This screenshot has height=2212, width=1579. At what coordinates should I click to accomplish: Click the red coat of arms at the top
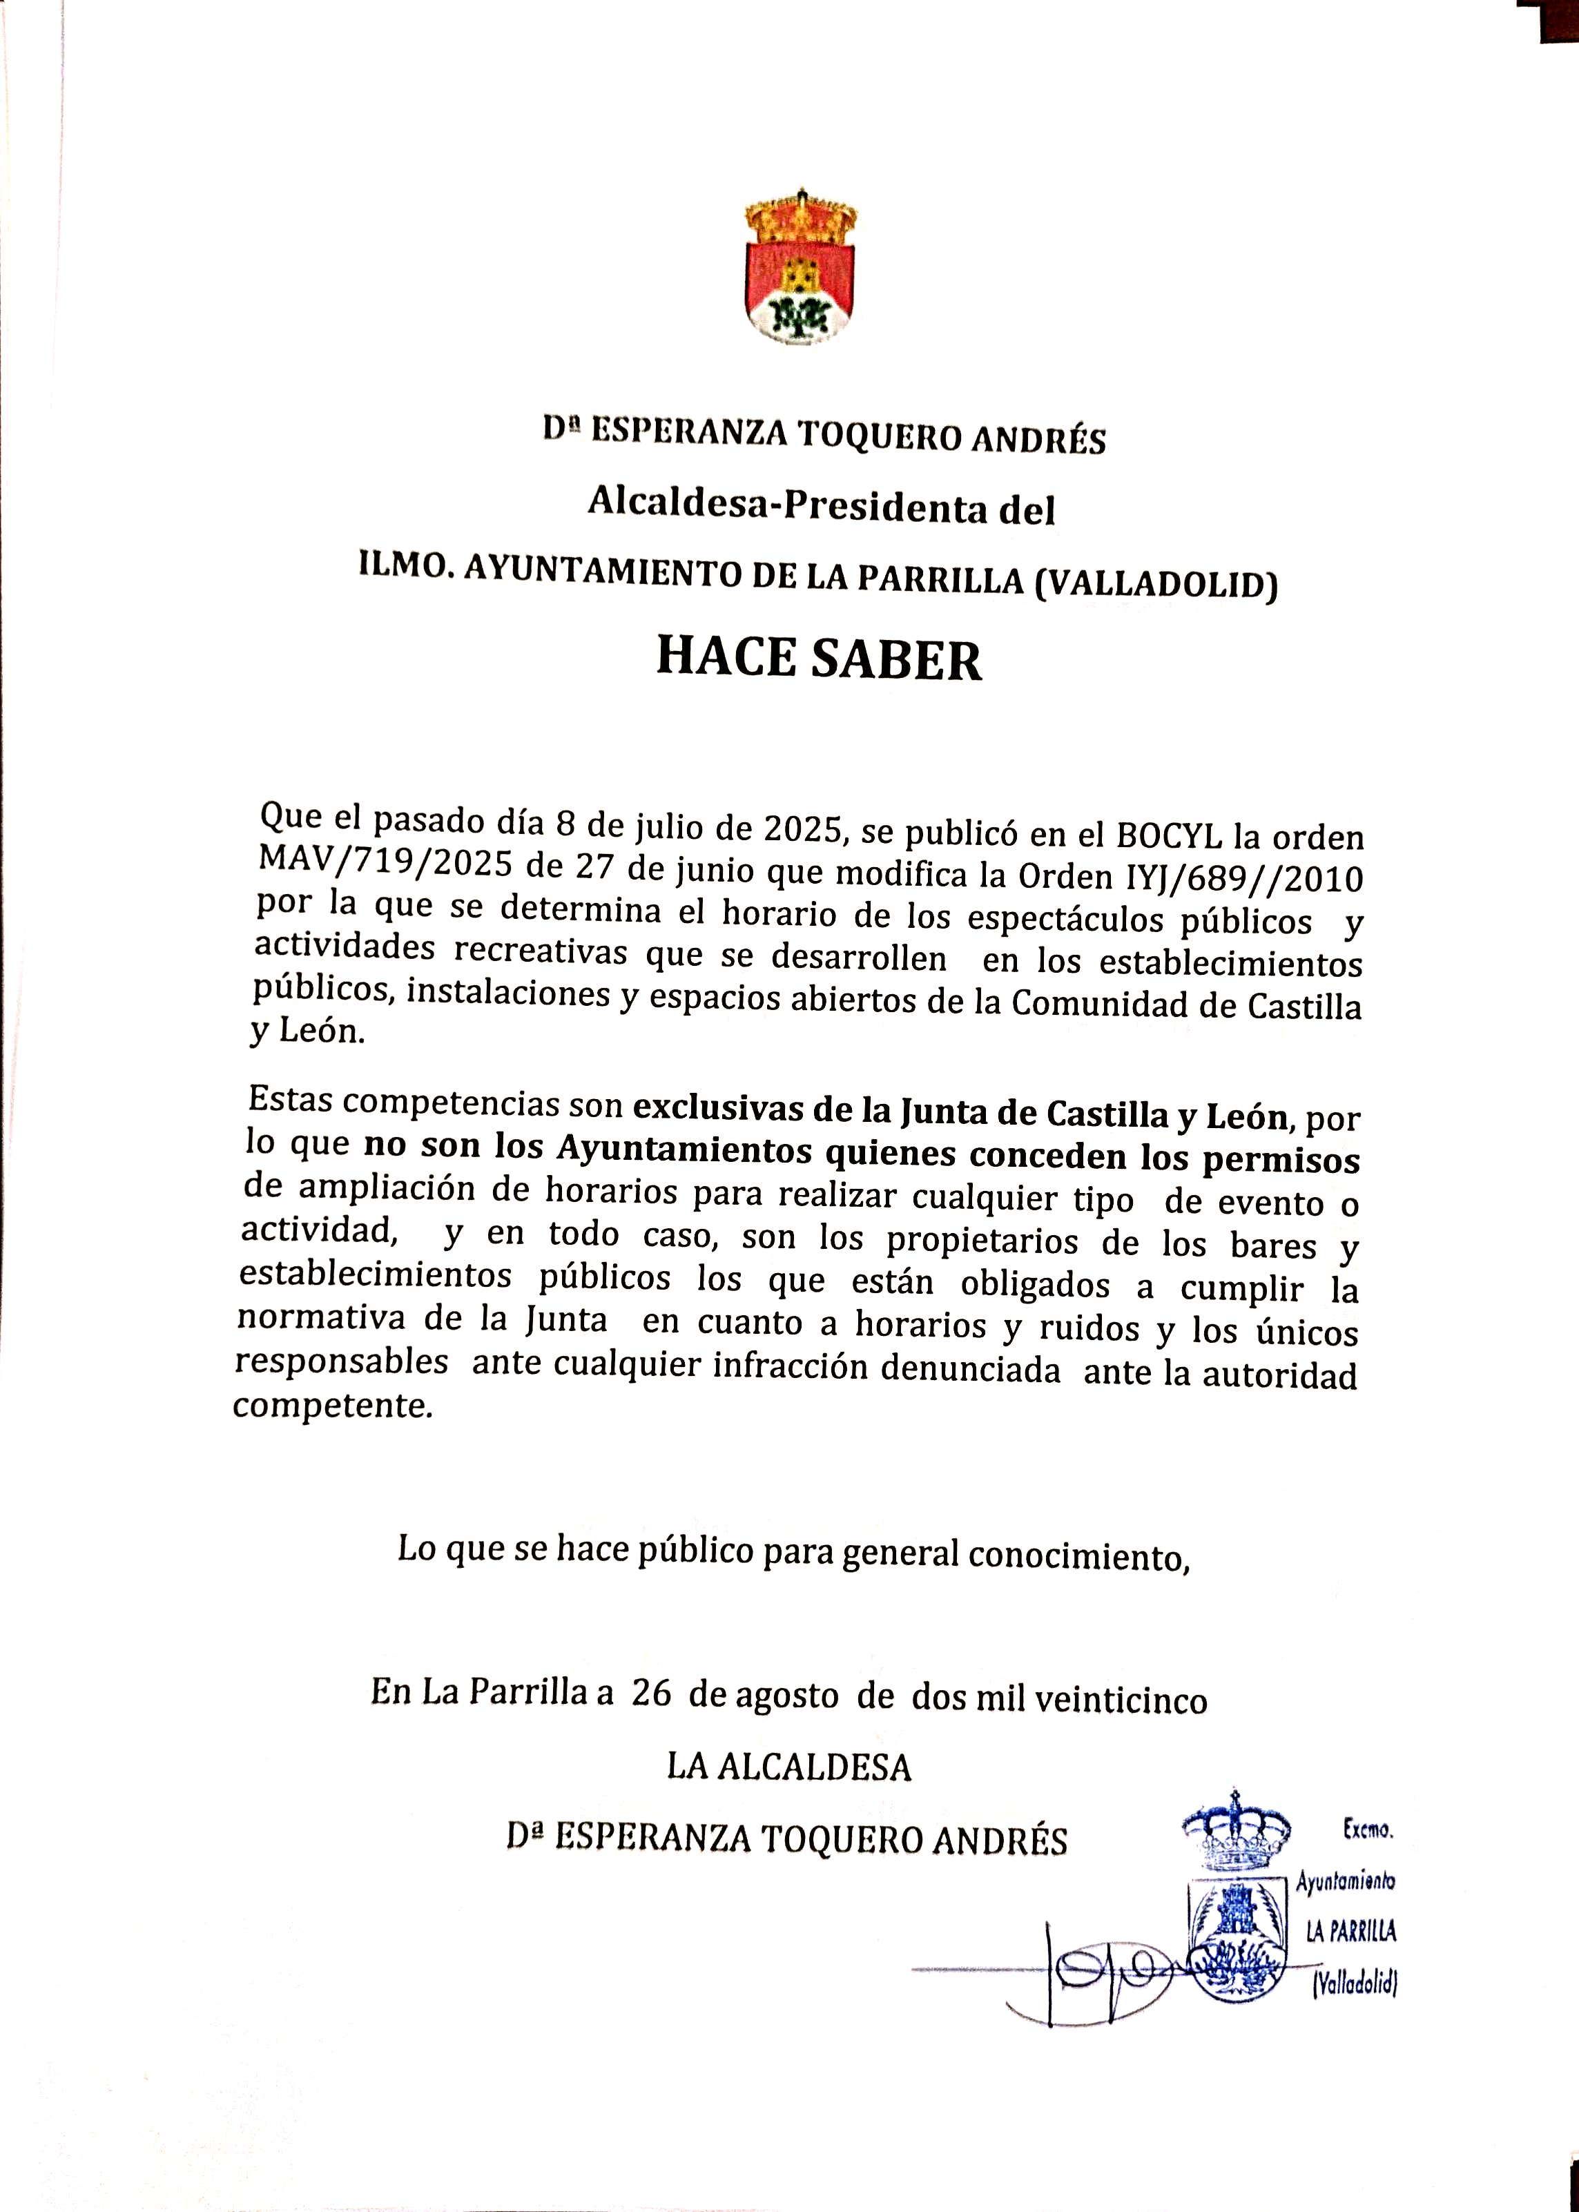[800, 269]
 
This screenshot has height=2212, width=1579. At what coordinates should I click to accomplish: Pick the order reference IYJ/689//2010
[1245, 878]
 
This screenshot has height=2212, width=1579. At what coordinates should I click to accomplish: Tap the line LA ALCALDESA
[788, 1767]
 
